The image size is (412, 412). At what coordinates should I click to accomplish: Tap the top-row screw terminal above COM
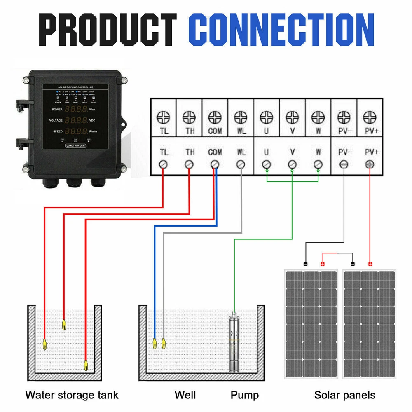click(215, 118)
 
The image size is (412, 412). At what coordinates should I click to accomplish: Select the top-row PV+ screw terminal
click(370, 118)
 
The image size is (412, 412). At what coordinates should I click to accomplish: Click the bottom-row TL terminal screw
click(164, 164)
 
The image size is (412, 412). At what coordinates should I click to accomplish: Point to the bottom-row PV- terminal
click(344, 164)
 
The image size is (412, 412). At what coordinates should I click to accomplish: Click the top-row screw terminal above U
click(266, 118)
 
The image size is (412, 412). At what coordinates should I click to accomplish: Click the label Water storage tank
click(72, 395)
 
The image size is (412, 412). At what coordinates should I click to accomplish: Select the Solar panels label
click(345, 395)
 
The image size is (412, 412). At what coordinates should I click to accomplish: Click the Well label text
click(185, 395)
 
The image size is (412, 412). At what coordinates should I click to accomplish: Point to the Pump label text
click(245, 395)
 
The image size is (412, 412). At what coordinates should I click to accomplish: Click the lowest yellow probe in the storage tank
click(86, 365)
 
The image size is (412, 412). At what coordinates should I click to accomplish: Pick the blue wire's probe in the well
click(154, 342)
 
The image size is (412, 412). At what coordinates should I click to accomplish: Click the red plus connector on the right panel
click(370, 264)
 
